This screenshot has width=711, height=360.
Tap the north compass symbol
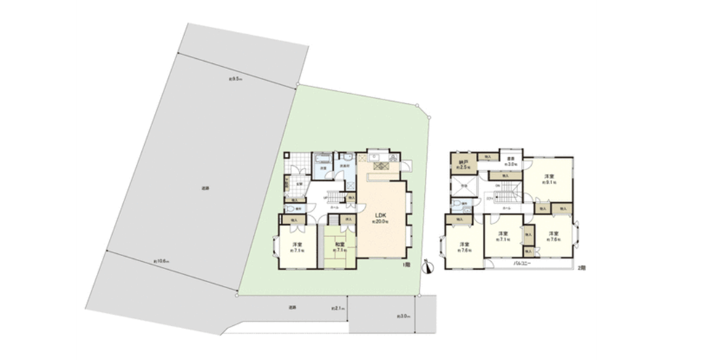point(427,266)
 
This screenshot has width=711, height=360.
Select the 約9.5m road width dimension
point(235,79)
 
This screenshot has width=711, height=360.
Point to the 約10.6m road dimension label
point(161,262)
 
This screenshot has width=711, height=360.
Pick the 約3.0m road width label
point(403,316)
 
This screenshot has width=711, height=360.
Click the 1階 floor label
point(407,266)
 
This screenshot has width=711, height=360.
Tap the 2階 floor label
point(581,268)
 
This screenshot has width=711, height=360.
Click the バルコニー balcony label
point(522,263)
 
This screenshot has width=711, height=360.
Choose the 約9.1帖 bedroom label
point(549,179)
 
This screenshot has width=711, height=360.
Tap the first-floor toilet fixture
point(290,211)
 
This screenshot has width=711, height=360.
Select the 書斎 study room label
point(511,161)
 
